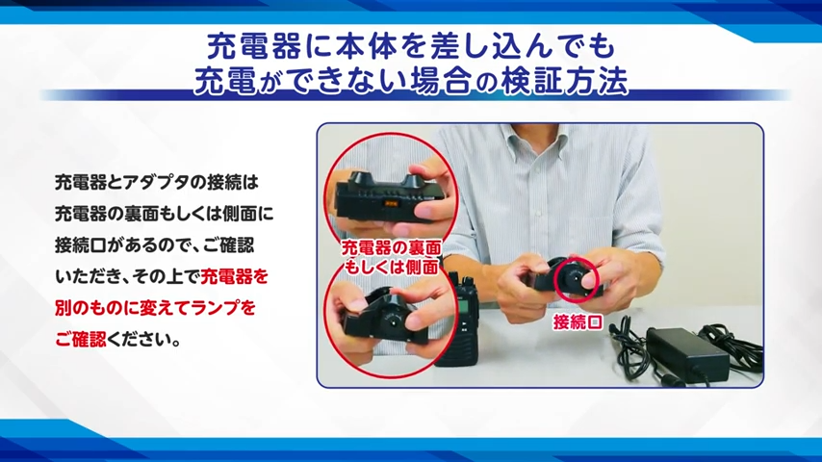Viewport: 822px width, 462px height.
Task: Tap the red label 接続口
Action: click(x=578, y=322)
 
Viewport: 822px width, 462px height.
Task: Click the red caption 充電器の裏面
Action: click(x=391, y=247)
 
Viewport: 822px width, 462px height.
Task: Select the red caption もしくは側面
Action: click(x=391, y=267)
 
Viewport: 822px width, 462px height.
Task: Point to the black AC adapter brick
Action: click(x=687, y=355)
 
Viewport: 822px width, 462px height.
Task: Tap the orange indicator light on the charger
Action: click(x=391, y=204)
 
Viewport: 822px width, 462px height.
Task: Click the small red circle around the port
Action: click(x=577, y=279)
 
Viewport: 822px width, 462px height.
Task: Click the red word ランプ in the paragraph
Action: click(x=216, y=308)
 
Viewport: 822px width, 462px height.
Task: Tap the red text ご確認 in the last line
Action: click(x=80, y=340)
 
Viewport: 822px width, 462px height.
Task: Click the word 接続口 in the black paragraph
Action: click(x=80, y=244)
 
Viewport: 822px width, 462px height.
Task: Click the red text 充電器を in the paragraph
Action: click(x=234, y=276)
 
